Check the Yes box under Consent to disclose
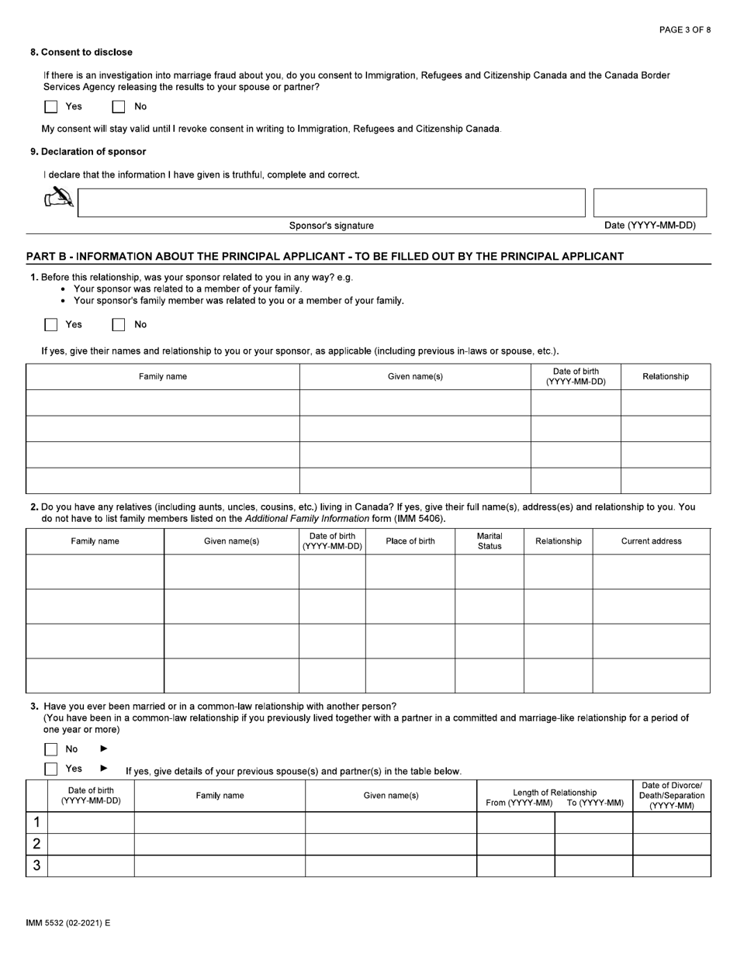click(51, 107)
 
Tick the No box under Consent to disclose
click(119, 107)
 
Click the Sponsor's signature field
click(331, 202)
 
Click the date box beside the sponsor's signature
click(649, 202)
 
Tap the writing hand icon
click(59, 199)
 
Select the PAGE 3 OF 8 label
click(684, 30)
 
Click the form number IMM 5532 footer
click(68, 923)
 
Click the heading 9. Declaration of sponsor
click(88, 152)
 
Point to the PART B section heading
click(324, 257)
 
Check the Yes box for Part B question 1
click(51, 325)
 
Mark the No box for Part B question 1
click(119, 325)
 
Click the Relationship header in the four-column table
click(665, 377)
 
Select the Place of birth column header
click(410, 541)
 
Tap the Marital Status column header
click(489, 541)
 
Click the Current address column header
click(651, 541)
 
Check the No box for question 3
click(51, 749)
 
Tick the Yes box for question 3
click(51, 769)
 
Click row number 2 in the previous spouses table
click(36, 844)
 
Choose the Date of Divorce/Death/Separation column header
click(671, 796)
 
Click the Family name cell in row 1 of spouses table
click(220, 822)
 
